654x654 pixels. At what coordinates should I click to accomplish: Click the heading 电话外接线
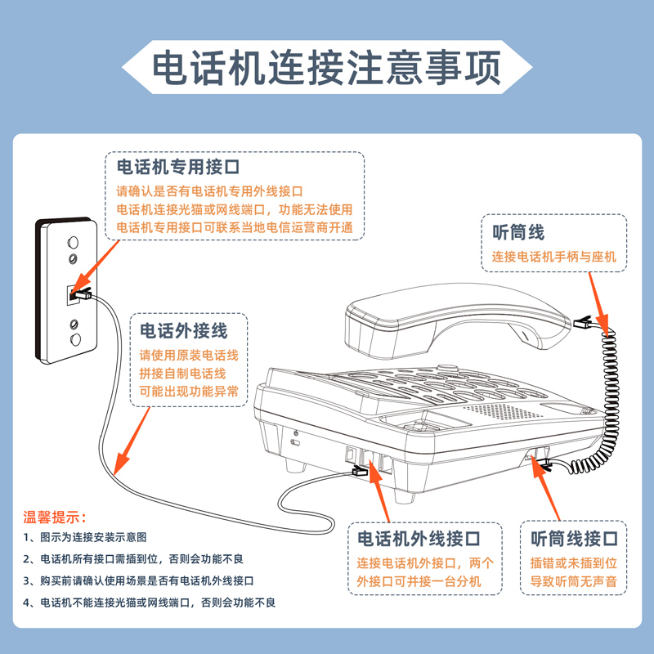[183, 331]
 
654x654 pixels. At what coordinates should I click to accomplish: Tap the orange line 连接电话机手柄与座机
[553, 257]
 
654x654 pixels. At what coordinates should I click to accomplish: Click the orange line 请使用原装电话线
[189, 356]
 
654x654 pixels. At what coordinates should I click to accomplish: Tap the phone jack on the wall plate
[75, 291]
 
